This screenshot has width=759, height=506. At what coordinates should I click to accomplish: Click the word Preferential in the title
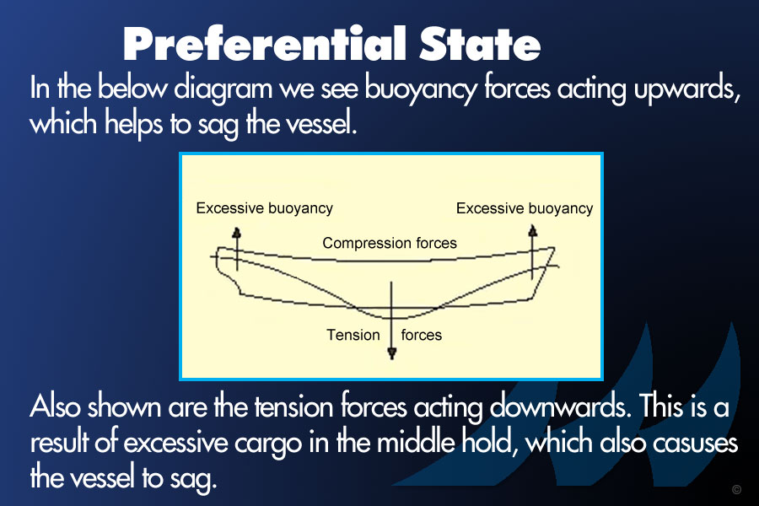pyautogui.click(x=265, y=44)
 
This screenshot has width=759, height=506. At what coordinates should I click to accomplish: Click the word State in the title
pyautogui.click(x=480, y=44)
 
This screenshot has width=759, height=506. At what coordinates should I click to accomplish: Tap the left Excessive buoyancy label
pyautogui.click(x=264, y=208)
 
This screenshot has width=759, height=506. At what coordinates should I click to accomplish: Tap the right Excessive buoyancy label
pyautogui.click(x=525, y=208)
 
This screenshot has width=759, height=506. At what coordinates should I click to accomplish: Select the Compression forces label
pyautogui.click(x=389, y=243)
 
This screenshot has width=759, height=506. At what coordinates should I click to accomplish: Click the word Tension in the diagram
pyautogui.click(x=353, y=335)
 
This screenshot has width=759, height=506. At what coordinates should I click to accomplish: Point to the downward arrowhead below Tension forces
pyautogui.click(x=392, y=353)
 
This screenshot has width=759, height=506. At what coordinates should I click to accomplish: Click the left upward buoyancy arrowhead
pyautogui.click(x=237, y=233)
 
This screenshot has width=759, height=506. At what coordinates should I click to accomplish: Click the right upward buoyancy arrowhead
pyautogui.click(x=533, y=230)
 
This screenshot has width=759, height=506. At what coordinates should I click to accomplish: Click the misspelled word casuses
pyautogui.click(x=695, y=443)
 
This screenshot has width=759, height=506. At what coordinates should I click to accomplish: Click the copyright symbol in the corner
pyautogui.click(x=736, y=489)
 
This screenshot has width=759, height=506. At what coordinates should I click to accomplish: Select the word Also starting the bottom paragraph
pyautogui.click(x=55, y=406)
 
